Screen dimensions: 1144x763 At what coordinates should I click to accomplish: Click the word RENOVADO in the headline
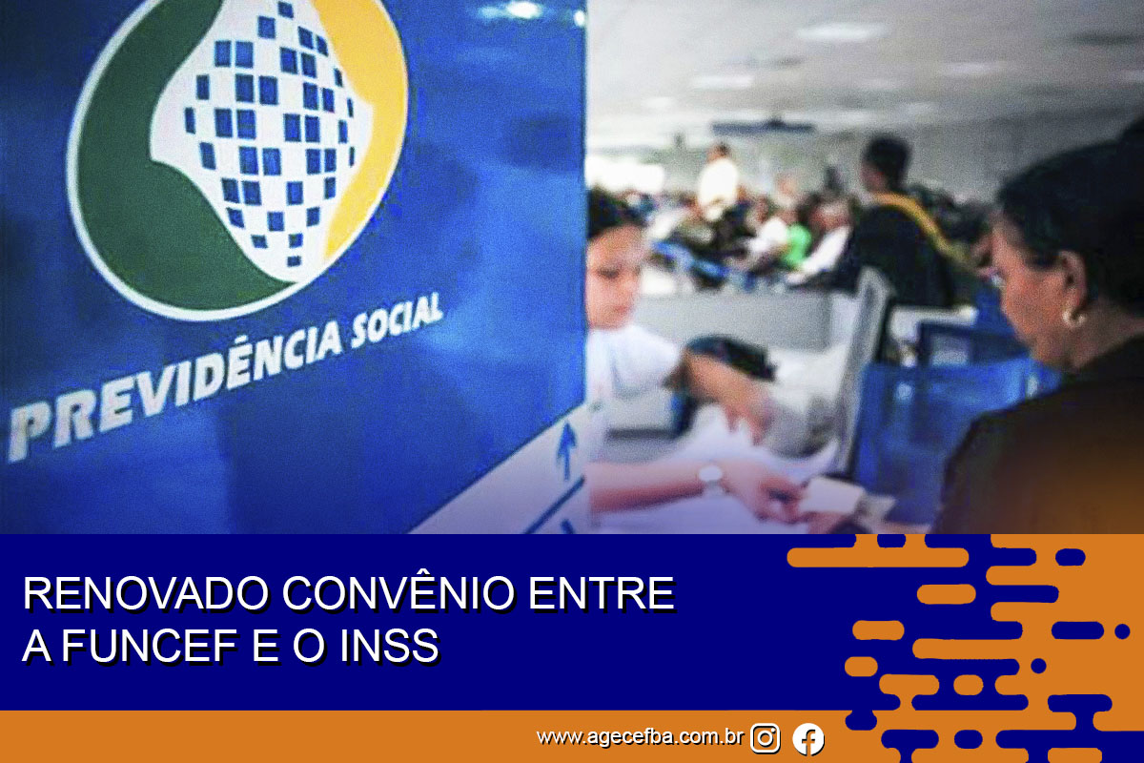[146, 594]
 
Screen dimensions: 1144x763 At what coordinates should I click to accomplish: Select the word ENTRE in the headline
[602, 594]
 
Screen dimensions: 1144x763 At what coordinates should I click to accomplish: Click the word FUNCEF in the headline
[150, 646]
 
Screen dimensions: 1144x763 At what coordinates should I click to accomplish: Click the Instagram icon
[765, 738]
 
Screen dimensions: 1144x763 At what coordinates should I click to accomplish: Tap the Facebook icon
[808, 738]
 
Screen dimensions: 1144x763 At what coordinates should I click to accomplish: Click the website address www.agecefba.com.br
[640, 737]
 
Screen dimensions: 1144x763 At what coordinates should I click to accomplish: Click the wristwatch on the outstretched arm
[711, 475]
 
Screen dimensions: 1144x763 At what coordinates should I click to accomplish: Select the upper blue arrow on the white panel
[566, 450]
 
